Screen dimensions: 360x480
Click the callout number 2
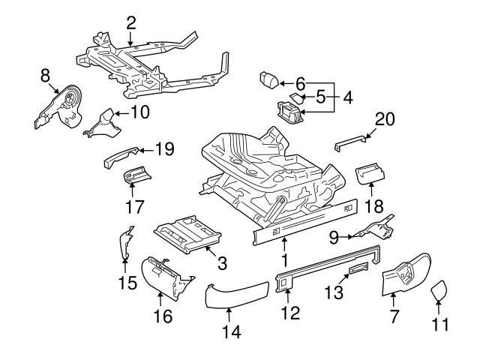tap(131, 22)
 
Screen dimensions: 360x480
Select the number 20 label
tap(384, 118)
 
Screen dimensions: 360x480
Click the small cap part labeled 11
tap(440, 288)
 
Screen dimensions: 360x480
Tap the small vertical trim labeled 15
tap(125, 244)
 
